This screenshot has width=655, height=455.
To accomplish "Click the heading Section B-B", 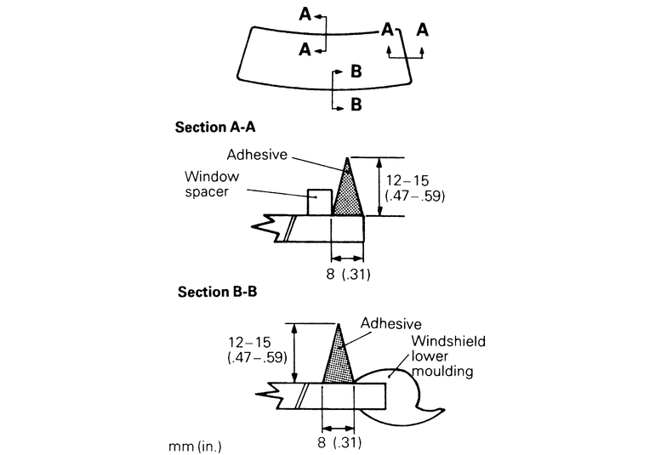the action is point(217,292).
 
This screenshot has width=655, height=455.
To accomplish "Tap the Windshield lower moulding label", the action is point(447,356).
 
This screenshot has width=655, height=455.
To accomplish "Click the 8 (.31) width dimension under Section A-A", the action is point(346,276).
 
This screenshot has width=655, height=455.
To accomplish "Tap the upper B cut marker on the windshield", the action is point(356,72).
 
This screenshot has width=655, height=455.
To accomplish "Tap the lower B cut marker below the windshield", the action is point(356,105).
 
